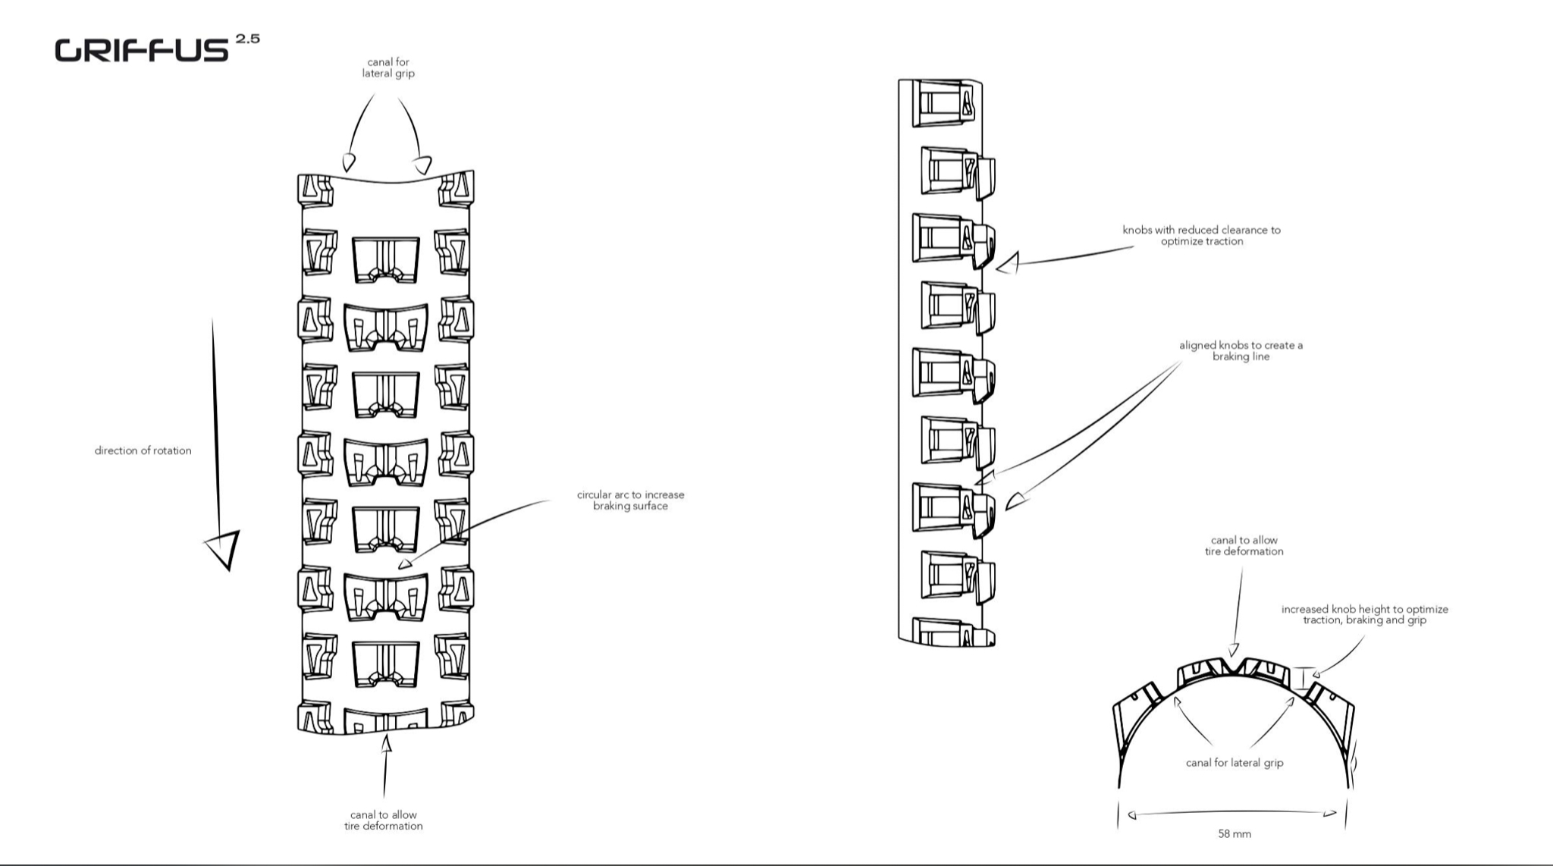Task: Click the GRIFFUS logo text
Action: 141,50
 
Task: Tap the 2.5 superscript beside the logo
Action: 248,38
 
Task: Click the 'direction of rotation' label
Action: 143,450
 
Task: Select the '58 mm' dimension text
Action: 1235,834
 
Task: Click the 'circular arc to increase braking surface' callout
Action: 630,500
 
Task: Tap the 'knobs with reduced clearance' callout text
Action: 1201,235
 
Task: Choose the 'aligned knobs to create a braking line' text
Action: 1241,350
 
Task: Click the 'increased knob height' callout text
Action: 1364,614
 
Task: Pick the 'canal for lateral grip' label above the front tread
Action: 388,67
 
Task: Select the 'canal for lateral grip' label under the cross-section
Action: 1235,763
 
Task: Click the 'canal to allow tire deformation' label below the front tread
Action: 383,821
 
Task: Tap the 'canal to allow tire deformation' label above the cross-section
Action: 1244,546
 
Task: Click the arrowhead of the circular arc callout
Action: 406,563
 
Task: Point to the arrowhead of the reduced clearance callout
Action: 1007,264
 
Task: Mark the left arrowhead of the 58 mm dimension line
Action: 1132,816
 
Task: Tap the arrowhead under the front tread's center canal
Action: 387,745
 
